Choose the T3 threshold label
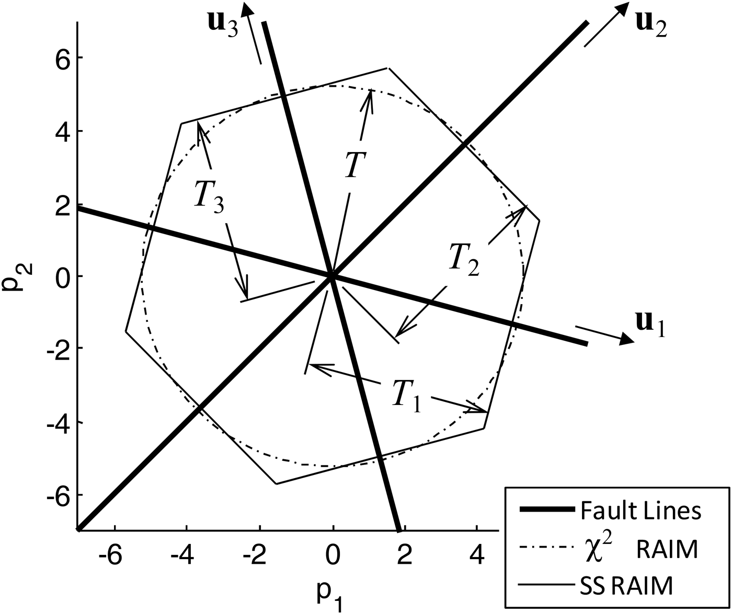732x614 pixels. (x=209, y=199)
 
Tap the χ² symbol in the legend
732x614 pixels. (x=587, y=549)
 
